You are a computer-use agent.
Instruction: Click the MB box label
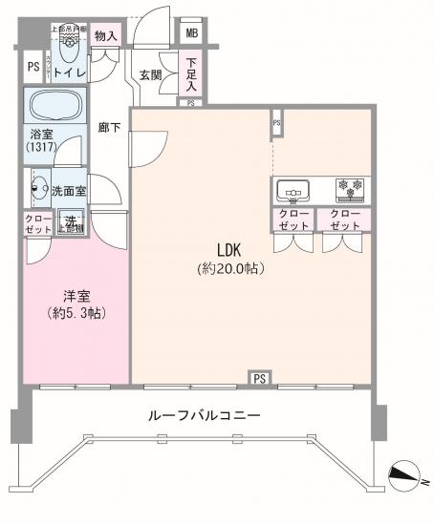click(192, 33)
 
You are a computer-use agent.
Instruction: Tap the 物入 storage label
click(107, 36)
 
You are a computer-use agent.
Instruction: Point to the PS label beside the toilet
click(33, 68)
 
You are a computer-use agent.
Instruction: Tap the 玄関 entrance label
click(151, 74)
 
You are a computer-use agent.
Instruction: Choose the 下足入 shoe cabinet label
click(191, 73)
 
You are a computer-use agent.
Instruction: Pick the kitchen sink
click(293, 190)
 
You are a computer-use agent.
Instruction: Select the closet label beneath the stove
click(345, 220)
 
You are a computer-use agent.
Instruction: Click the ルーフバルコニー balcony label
click(204, 416)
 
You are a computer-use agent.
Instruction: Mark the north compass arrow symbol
click(404, 472)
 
